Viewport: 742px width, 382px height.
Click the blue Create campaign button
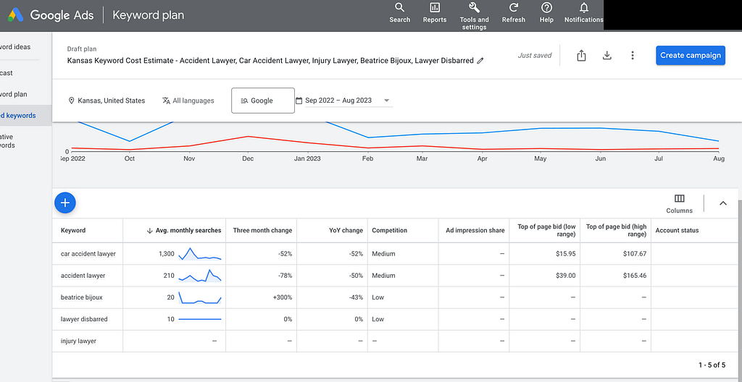[691, 55]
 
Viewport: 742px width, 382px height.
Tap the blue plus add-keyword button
[65, 203]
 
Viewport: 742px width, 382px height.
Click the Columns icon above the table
[679, 198]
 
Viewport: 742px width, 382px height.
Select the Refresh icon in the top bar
[514, 7]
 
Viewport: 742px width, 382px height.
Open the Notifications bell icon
[584, 7]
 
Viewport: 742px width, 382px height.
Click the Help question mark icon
[546, 7]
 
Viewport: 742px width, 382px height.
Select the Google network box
[262, 101]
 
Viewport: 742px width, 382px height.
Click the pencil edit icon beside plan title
[480, 61]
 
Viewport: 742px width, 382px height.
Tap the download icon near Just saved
[607, 55]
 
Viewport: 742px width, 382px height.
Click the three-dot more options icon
[632, 55]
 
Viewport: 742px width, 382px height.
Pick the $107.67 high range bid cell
[635, 254]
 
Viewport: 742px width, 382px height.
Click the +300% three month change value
[283, 297]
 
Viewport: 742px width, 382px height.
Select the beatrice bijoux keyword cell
[81, 297]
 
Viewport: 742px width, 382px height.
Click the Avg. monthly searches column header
[188, 230]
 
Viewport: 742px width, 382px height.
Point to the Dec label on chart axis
[248, 159]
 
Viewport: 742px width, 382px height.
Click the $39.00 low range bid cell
[565, 276]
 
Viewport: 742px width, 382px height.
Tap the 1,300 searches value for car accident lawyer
[167, 254]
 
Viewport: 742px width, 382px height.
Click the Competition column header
[389, 230]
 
